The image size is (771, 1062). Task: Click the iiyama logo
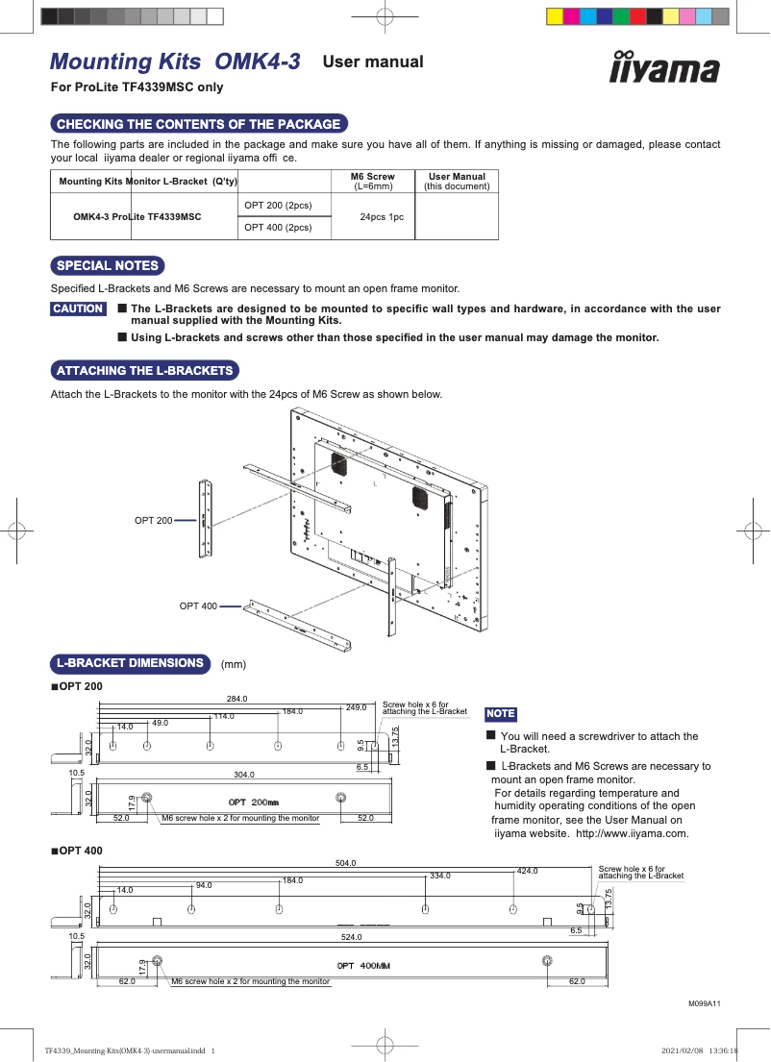click(664, 67)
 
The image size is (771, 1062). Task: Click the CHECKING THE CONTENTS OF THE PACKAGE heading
click(199, 124)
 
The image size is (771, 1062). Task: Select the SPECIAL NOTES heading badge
click(107, 266)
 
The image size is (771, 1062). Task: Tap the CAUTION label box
click(78, 309)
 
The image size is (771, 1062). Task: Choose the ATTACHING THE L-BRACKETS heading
click(144, 370)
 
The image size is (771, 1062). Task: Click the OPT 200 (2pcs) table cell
click(278, 206)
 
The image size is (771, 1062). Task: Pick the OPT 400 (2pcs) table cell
click(278, 228)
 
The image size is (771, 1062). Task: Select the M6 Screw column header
click(372, 181)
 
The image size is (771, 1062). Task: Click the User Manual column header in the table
click(457, 181)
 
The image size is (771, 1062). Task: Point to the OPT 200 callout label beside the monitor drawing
click(153, 520)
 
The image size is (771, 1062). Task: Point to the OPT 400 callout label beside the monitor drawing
click(198, 605)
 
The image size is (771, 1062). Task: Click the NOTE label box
click(501, 714)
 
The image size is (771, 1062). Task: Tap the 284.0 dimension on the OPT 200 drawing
click(236, 699)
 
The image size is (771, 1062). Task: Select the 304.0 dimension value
click(244, 774)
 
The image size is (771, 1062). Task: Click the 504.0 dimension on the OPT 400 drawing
click(345, 863)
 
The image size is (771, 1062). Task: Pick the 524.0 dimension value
click(352, 937)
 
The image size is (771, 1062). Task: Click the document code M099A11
click(704, 1003)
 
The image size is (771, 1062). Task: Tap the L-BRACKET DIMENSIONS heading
click(131, 663)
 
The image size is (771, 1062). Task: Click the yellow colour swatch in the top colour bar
click(554, 16)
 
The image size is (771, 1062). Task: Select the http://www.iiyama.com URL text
click(632, 834)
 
